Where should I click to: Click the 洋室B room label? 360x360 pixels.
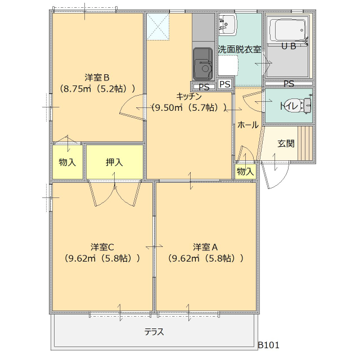tap(97, 77)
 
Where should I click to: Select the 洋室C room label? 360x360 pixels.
tap(103, 247)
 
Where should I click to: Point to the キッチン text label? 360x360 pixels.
tap(189, 96)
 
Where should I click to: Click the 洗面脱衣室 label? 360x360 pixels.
tap(240, 49)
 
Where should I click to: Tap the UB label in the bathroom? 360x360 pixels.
tap(288, 47)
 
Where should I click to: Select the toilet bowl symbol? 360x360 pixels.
tap(304, 105)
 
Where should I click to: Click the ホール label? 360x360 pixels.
tap(248, 125)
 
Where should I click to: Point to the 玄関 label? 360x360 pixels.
tap(286, 143)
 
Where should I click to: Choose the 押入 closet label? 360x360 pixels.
tap(114, 163)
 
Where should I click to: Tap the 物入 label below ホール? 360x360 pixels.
tap(245, 171)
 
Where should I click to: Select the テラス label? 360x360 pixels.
tap(154, 332)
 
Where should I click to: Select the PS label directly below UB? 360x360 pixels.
tap(289, 84)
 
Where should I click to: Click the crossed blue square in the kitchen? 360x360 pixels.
tap(158, 26)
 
